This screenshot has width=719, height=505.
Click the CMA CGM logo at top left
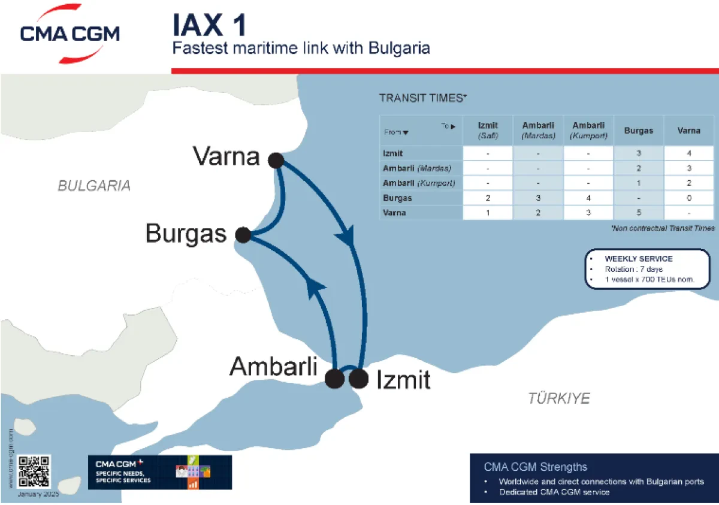70,35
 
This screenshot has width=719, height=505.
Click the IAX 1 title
209,26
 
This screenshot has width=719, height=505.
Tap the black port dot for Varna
276,160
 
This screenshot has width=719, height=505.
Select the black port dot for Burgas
243,235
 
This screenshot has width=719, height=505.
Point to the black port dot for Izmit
358,379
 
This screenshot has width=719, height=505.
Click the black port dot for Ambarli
334,379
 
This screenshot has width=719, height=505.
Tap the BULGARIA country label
94,186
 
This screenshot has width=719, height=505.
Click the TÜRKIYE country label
558,398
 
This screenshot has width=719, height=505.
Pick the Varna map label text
226,157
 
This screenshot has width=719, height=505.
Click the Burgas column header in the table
639,131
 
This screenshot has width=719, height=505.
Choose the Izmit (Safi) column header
488,131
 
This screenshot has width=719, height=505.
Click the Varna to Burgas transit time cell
639,213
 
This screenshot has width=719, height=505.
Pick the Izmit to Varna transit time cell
689,154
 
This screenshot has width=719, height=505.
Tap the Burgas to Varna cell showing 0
689,198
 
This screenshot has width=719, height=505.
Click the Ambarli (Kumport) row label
419,183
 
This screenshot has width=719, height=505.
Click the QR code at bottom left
34,471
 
